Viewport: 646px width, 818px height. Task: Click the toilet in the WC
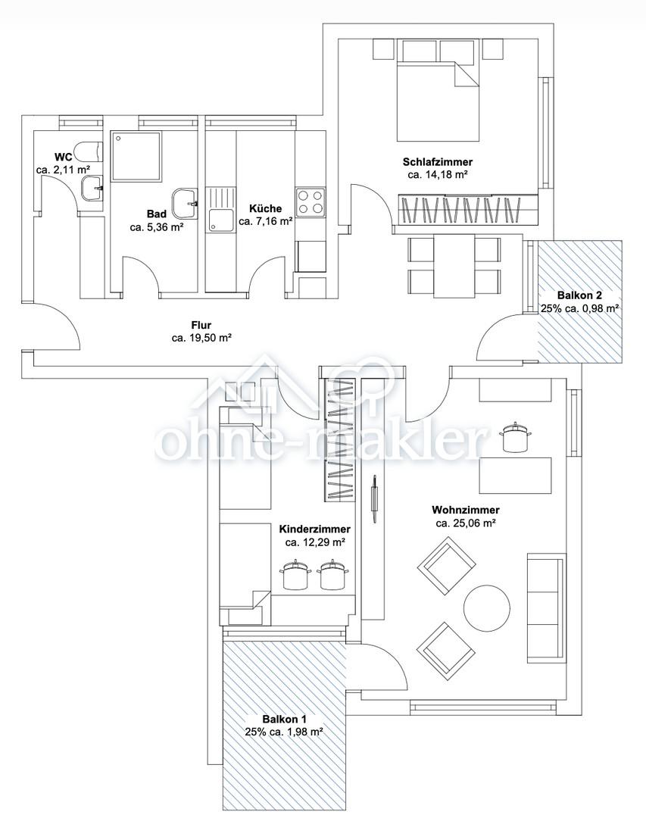[88, 151]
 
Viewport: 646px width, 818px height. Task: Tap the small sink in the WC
[92, 188]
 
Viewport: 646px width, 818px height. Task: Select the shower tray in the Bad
[136, 157]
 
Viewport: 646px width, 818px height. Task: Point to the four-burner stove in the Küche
[310, 202]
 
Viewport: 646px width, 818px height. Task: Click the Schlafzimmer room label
[437, 162]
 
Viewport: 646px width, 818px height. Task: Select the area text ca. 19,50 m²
[201, 338]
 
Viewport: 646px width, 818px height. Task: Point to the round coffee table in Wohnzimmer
[487, 608]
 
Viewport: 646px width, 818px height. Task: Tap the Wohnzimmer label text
[466, 510]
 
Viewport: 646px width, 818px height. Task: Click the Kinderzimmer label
[314, 529]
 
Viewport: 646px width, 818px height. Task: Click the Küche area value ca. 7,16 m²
[265, 221]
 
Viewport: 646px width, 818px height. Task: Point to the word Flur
[201, 326]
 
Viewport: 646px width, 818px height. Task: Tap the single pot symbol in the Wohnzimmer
[514, 437]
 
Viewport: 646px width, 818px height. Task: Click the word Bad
[157, 214]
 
